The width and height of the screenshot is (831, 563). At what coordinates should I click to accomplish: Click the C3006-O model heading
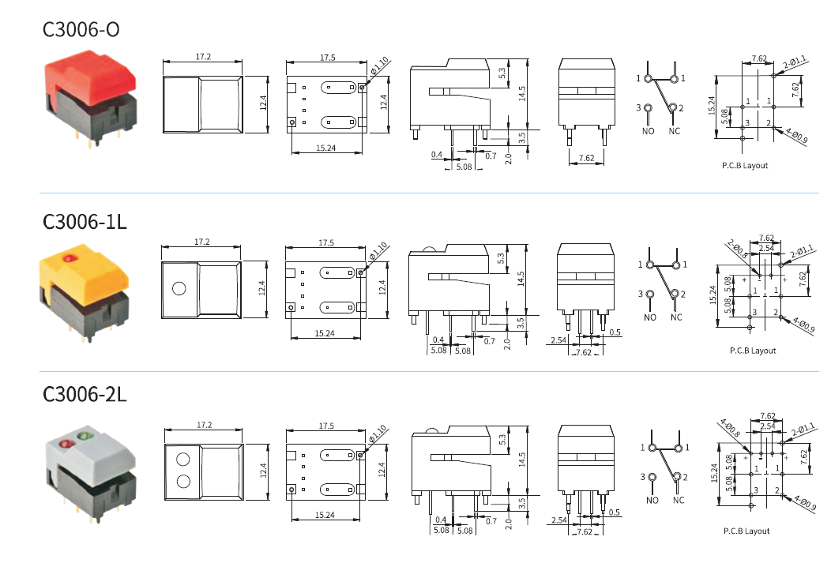click(81, 29)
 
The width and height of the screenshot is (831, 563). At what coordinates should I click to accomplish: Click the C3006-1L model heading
click(85, 222)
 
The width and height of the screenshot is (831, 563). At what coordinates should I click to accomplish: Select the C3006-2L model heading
click(85, 393)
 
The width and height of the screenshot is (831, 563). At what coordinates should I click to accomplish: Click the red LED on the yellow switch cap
click(70, 259)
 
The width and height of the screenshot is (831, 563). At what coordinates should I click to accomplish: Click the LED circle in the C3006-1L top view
click(179, 288)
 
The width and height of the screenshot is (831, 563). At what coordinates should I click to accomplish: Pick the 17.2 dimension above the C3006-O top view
click(203, 58)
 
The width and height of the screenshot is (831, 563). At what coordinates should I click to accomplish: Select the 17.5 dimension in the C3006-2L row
click(326, 426)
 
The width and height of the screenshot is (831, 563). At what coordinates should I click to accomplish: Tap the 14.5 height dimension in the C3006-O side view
click(521, 93)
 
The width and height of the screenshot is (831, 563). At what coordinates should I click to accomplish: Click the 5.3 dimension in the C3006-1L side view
click(501, 257)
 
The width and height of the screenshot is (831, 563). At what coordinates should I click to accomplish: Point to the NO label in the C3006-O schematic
click(648, 131)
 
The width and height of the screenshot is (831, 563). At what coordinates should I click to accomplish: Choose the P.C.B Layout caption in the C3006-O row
click(744, 166)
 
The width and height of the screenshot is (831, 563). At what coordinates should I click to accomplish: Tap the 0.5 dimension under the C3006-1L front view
click(615, 332)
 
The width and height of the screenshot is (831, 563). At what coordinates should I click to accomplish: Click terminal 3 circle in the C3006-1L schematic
click(649, 295)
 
